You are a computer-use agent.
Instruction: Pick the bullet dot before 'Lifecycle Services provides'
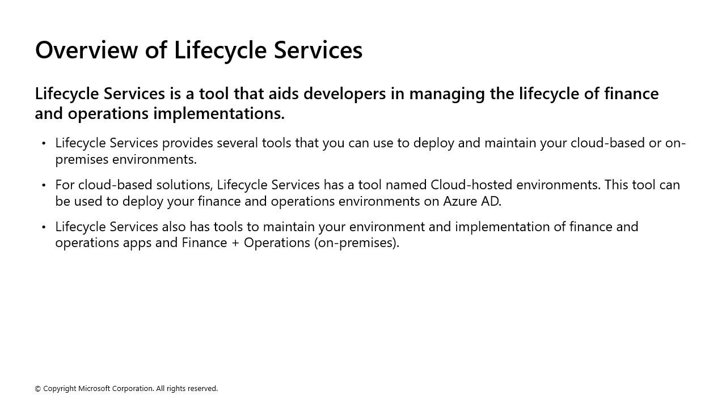[44, 143]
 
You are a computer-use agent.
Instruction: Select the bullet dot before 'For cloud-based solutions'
[44, 185]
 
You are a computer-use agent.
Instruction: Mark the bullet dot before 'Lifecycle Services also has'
[44, 227]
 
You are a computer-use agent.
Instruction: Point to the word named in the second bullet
[406, 185]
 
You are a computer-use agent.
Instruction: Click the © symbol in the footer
[38, 389]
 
